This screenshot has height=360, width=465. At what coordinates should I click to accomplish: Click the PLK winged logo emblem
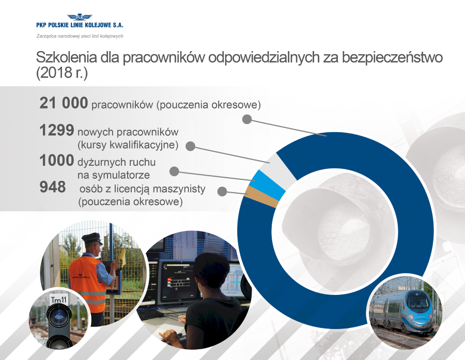(80, 17)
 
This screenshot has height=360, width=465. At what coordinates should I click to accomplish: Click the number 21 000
(64, 103)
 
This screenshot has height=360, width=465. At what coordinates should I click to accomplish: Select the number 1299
(57, 130)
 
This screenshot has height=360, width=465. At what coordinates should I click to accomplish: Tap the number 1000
(57, 161)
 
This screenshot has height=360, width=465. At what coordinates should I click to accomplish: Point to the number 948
(53, 187)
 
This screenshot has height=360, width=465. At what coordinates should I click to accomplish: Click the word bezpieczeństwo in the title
(392, 57)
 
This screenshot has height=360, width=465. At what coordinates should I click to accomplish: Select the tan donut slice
(262, 197)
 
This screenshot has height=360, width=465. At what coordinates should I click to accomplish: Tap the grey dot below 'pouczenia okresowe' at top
(247, 119)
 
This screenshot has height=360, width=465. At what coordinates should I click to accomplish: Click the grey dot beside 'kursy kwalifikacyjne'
(190, 146)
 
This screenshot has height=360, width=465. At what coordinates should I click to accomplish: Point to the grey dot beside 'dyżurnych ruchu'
(174, 171)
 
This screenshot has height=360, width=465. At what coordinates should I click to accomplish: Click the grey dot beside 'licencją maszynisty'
(222, 191)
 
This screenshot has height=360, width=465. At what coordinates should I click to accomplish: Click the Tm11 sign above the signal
(59, 299)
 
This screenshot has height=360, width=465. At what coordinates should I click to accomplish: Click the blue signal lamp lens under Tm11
(59, 317)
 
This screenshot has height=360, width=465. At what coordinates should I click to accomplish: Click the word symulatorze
(121, 175)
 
